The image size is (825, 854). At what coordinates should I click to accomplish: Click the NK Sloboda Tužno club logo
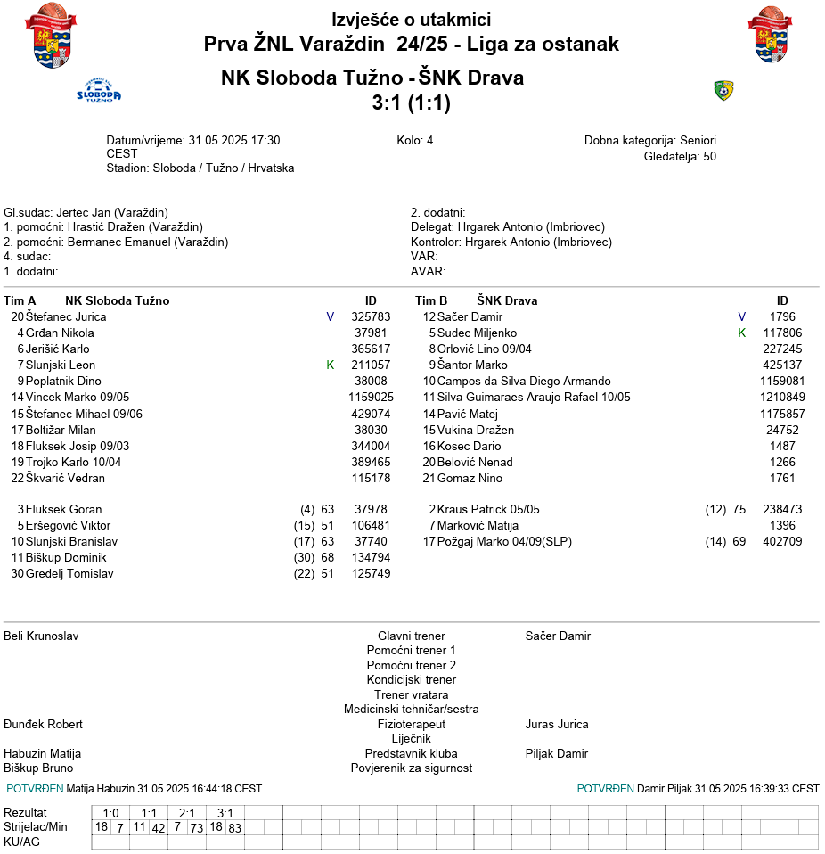(99, 91)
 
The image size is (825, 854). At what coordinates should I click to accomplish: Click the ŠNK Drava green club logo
(723, 90)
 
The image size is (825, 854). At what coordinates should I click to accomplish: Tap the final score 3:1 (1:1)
(411, 103)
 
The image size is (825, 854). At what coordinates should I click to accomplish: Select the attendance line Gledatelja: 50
(680, 157)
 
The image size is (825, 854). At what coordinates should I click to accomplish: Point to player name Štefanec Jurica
(66, 316)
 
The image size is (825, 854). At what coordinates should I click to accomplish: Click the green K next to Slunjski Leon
(330, 365)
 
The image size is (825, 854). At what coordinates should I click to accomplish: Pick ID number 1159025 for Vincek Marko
(371, 398)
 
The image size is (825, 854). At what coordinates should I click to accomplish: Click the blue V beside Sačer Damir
(741, 316)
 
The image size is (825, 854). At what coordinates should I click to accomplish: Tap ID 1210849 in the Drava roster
(782, 398)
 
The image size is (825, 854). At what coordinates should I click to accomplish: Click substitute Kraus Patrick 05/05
(488, 510)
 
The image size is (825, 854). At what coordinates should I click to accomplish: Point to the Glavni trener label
(411, 636)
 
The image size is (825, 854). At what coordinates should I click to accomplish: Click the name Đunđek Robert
(44, 725)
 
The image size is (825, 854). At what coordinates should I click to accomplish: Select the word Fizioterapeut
(411, 725)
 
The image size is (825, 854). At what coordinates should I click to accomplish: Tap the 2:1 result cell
(186, 813)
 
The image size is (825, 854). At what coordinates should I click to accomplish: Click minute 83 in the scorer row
(234, 828)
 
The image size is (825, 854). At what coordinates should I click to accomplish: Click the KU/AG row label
(22, 842)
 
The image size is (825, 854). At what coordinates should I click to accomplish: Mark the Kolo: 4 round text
(414, 141)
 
